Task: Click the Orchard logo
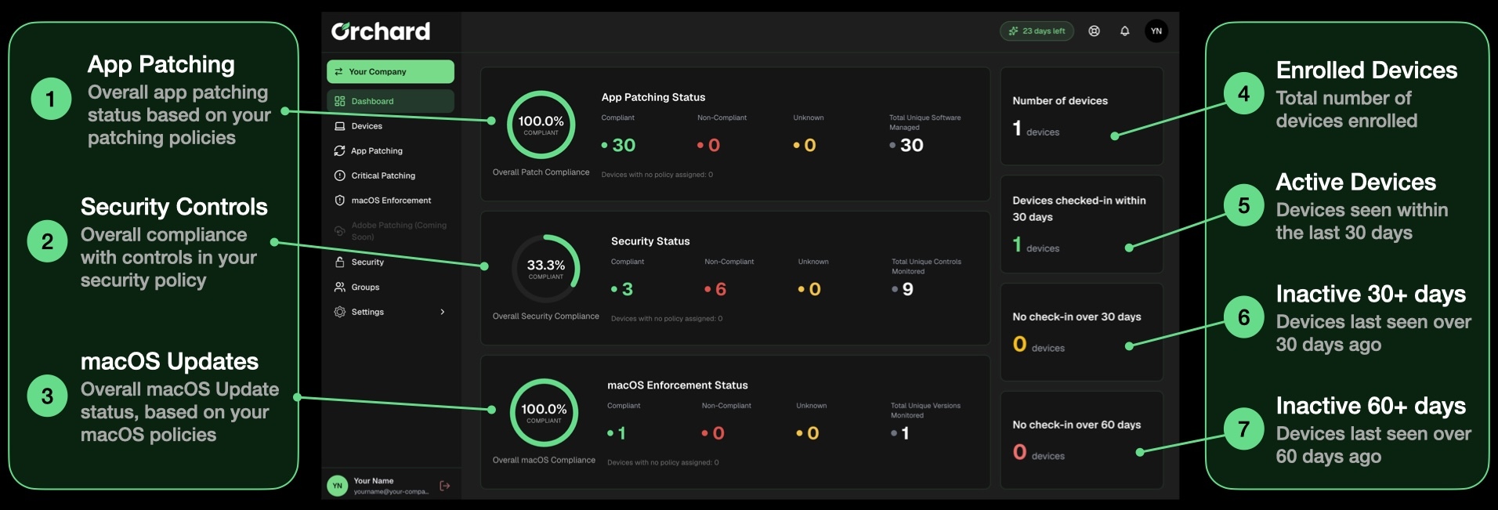click(381, 31)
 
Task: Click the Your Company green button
click(390, 71)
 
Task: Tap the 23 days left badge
click(1037, 31)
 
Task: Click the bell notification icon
click(1124, 31)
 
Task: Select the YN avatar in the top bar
click(1156, 31)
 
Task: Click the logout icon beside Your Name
click(445, 486)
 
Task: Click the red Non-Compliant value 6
click(721, 289)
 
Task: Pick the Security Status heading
click(650, 241)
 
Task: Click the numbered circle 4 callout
click(1243, 94)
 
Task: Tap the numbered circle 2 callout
click(47, 241)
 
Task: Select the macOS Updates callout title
click(169, 361)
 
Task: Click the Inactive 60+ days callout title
click(1371, 406)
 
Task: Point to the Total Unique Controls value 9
click(907, 289)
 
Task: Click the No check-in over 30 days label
click(1076, 316)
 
